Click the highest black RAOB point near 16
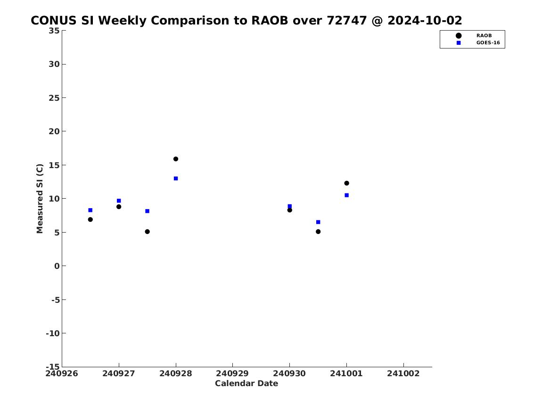click(176, 159)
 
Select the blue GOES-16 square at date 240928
click(176, 178)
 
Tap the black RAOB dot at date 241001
click(346, 183)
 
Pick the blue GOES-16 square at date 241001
click(346, 195)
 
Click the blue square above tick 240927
click(119, 201)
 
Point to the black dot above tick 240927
click(119, 207)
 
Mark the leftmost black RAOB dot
click(90, 220)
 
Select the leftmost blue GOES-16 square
click(90, 210)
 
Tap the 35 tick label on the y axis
click(54, 31)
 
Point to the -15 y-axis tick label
click(53, 366)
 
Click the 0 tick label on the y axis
click(57, 266)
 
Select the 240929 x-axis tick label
click(232, 373)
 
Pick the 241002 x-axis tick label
click(403, 373)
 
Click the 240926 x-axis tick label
click(62, 373)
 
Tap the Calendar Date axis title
click(246, 384)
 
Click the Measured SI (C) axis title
click(40, 199)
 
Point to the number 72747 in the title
click(347, 21)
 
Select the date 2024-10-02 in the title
click(425, 21)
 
